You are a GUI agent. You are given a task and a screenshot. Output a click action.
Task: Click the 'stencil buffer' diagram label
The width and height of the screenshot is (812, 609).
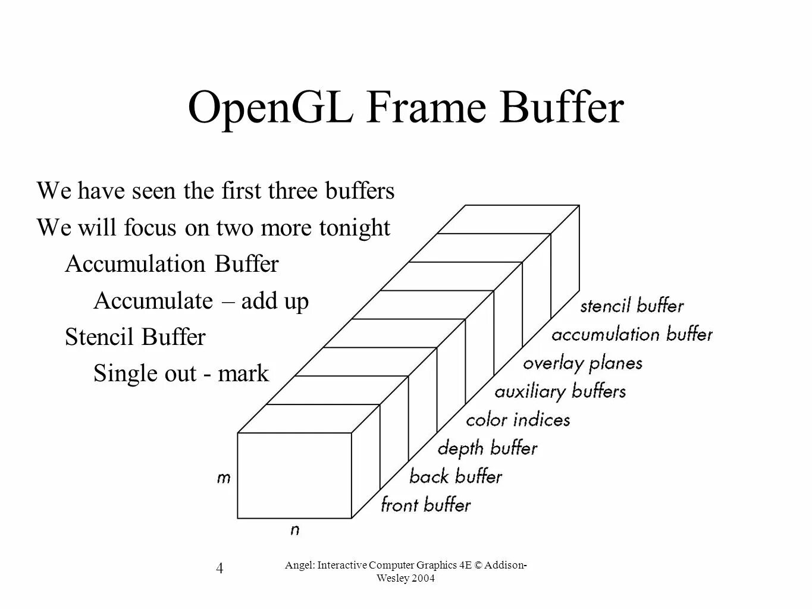pos(632,306)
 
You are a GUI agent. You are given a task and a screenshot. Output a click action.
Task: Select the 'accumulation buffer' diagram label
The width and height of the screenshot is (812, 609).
pos(632,335)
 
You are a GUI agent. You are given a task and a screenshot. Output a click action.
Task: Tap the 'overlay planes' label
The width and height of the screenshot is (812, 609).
pos(583,363)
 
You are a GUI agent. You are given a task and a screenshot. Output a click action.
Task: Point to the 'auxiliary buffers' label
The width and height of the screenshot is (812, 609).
pos(560,392)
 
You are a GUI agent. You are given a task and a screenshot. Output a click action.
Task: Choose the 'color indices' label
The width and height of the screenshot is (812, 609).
pos(518,420)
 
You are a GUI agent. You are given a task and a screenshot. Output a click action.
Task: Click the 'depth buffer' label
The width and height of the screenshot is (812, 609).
pos(488,448)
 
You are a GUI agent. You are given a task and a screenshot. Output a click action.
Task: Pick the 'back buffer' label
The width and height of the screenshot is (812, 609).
pos(456,477)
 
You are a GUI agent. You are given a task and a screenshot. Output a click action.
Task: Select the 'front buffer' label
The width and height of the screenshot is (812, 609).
pos(426,506)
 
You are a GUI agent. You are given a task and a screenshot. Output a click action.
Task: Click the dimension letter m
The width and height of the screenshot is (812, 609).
pos(224,478)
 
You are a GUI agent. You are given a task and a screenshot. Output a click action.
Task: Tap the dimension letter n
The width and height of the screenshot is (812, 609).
pos(294,530)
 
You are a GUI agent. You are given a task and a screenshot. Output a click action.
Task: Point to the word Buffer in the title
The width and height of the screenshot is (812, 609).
pos(562,108)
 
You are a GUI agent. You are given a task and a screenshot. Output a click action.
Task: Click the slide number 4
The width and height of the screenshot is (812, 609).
pos(220,569)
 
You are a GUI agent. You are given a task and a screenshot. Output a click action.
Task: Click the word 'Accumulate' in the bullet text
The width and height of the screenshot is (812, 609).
pos(153,301)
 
